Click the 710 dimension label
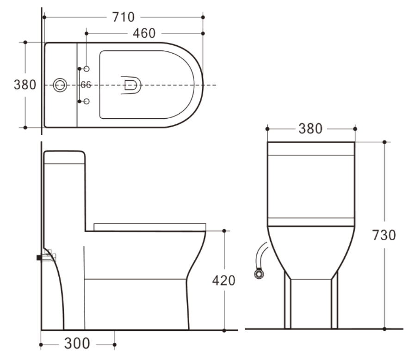(124, 17)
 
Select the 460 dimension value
(144, 33)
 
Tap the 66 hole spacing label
(86, 85)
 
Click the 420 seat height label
(223, 280)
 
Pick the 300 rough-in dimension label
(77, 344)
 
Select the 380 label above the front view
(310, 128)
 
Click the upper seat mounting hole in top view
(87, 69)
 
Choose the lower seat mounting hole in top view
(87, 101)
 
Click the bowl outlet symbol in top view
(130, 85)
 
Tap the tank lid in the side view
(64, 157)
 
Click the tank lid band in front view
(311, 148)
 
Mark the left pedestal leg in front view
(287, 303)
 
